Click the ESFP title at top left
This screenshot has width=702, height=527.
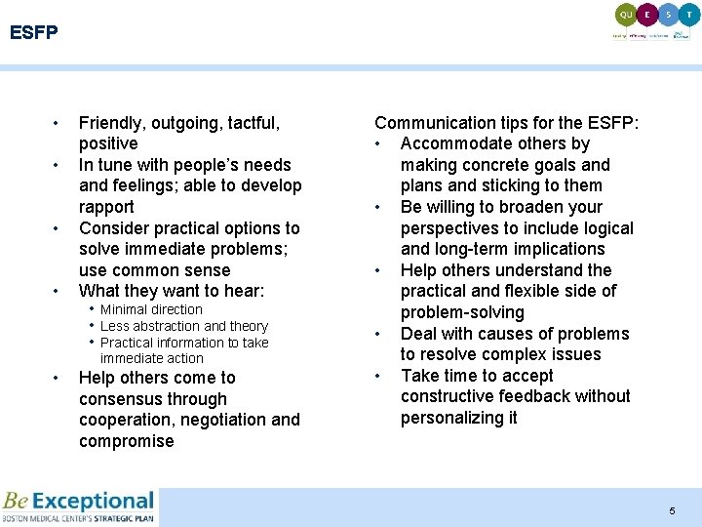pos(34,33)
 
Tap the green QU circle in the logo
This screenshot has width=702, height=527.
pos(627,15)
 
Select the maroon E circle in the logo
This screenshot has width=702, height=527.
pos(648,15)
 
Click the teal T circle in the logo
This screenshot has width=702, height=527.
pos(689,15)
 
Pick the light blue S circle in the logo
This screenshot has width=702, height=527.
pos(669,15)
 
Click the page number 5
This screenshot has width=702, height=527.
pos(672,511)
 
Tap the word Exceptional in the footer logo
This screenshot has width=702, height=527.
pos(93,502)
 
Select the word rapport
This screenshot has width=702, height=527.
pos(106,207)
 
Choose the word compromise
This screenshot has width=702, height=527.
pos(126,441)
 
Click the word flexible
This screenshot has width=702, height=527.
pos(531,291)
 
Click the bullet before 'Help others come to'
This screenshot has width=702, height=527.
pos(57,378)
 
